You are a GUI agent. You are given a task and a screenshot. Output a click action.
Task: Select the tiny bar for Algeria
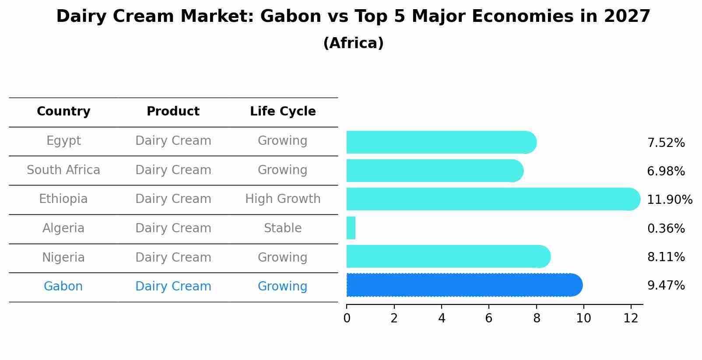point(351,228)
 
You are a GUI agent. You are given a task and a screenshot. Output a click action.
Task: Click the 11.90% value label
point(669,200)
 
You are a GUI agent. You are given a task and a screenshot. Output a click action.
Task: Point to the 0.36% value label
point(666,228)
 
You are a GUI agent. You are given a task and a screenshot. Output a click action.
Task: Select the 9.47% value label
point(666,286)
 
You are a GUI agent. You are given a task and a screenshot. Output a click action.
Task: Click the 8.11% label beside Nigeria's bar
point(666,257)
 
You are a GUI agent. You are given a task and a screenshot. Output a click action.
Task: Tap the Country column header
point(63,112)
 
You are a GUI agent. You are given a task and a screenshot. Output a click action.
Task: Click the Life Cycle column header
point(283,112)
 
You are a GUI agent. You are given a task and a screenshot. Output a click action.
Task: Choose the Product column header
point(173,112)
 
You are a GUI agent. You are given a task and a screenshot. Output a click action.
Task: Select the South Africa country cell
point(63,170)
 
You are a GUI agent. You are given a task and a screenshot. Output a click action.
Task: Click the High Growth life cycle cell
point(283,199)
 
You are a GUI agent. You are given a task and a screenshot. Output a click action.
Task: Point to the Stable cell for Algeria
point(283,228)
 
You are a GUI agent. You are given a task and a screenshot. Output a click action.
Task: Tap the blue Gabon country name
point(63,287)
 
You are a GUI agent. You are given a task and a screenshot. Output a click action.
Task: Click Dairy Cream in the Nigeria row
point(173,258)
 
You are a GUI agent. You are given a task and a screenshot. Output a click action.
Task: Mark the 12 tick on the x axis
point(631,318)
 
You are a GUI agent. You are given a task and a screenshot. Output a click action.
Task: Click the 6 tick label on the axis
point(489,318)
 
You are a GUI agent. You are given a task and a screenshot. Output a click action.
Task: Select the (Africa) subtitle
point(353,43)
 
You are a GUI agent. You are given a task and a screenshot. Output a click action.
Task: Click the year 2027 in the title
point(627,17)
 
